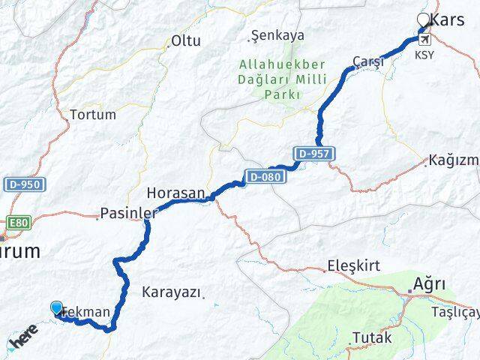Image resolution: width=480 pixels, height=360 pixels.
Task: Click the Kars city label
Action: (448, 20)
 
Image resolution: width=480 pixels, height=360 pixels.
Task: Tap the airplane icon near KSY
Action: (425, 39)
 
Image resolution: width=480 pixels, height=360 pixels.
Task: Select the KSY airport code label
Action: (424, 55)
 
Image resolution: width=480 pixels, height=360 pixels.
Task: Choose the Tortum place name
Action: (92, 115)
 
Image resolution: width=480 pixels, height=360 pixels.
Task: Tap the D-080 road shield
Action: (262, 177)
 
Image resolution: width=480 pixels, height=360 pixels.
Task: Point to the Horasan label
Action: (175, 193)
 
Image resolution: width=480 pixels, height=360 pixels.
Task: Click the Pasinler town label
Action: (127, 214)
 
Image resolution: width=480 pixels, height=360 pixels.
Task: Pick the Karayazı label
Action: (171, 292)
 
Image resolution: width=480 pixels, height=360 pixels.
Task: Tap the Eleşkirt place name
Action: (354, 266)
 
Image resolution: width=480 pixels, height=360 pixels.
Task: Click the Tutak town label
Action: (372, 337)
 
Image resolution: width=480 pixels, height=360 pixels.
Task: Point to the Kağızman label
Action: (454, 160)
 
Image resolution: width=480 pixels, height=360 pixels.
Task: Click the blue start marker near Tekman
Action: (57, 307)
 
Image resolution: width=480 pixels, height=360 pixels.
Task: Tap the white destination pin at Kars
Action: (423, 20)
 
